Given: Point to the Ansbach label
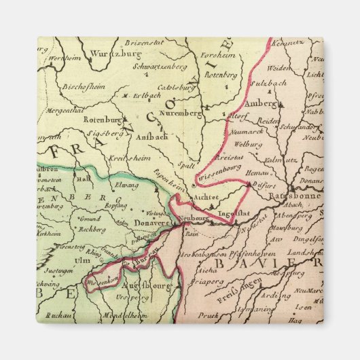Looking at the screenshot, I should point(152,136).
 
